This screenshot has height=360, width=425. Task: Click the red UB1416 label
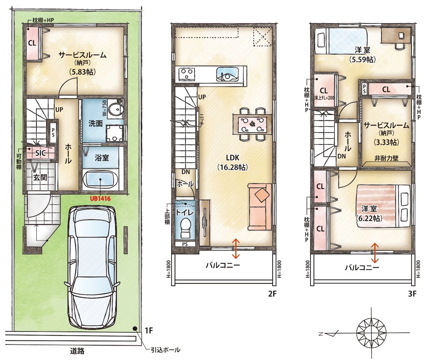[100, 199]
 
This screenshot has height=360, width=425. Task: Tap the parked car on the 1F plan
[92, 267]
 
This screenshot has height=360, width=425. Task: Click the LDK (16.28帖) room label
[232, 162]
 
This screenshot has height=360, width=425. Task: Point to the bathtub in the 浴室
[100, 179]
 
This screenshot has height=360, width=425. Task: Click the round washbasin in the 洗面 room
[115, 109]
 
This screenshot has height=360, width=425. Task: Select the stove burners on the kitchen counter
[187, 73]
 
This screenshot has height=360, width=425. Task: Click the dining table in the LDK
[252, 124]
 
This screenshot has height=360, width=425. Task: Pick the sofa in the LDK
[260, 207]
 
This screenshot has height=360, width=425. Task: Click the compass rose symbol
[368, 333]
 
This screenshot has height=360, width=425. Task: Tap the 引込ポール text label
[165, 350]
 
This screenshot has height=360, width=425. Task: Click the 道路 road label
[77, 351]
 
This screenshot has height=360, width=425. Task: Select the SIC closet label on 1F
[40, 153]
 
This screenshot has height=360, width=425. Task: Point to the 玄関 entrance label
[40, 177]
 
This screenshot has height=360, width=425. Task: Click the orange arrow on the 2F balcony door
[235, 248]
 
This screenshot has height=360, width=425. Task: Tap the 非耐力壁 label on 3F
[386, 158]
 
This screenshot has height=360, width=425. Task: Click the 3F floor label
[412, 293]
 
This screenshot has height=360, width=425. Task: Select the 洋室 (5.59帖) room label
[362, 55]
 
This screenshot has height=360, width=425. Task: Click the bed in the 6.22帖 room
[383, 206]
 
